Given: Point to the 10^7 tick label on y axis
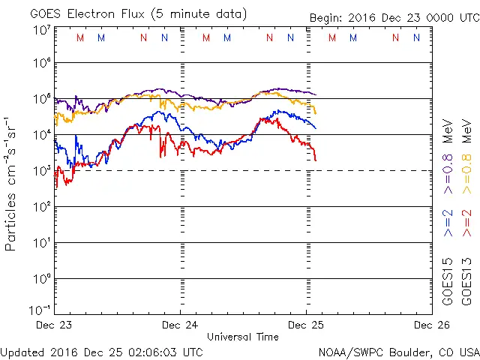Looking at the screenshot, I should pos(41,30).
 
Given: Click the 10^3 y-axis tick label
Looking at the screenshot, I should pos(41,170).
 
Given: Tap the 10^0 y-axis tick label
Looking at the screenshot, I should pos(41,278).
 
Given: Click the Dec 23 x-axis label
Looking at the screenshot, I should pos(55,325).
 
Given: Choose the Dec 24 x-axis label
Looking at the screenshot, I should pos(181,325).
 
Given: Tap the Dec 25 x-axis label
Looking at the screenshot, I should pos(306,325).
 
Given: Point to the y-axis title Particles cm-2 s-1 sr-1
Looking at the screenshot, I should pos(12,183).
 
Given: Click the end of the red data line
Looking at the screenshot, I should pos(316,160).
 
